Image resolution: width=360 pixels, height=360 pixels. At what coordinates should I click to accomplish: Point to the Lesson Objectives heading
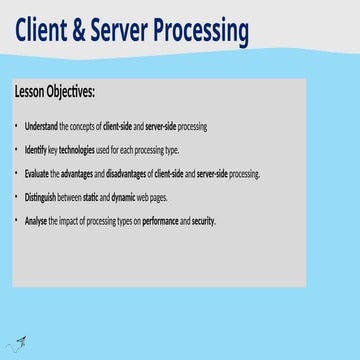[x=55, y=92]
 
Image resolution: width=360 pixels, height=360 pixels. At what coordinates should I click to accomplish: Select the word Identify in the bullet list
[x=35, y=150]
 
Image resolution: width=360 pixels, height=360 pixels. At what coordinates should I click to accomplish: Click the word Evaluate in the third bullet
[x=36, y=173]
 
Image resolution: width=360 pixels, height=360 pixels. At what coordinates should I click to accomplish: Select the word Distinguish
[x=41, y=197]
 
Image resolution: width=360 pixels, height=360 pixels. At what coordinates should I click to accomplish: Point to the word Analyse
[x=36, y=220]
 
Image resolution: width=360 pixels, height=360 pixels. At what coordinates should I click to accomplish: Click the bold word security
[x=203, y=220]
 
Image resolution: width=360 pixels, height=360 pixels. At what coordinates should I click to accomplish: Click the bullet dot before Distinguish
[x=17, y=197]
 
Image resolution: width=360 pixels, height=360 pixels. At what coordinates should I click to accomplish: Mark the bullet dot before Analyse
[x=17, y=220]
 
